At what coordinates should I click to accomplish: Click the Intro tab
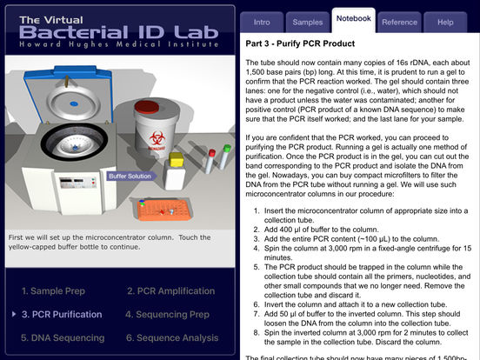pyautogui.click(x=262, y=22)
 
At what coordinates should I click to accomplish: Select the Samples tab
pyautogui.click(x=308, y=22)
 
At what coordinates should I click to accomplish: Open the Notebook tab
pyautogui.click(x=354, y=19)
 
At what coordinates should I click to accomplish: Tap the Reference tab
pyautogui.click(x=399, y=22)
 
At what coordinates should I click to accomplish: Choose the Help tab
pyautogui.click(x=445, y=22)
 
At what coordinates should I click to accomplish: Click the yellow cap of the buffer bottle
pyautogui.click(x=176, y=159)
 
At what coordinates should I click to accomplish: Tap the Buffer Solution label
pyautogui.click(x=130, y=176)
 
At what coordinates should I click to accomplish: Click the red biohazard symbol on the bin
pyautogui.click(x=157, y=139)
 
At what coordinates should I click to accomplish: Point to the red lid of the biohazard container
pyautogui.click(x=147, y=107)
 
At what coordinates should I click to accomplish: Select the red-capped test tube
pyautogui.click(x=210, y=161)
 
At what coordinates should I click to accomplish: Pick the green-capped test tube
pyautogui.click(x=225, y=157)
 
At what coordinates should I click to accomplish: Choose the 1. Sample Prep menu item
pyautogui.click(x=53, y=290)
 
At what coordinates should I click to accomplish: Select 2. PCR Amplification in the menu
pyautogui.click(x=170, y=290)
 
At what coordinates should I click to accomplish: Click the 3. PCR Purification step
pyautogui.click(x=62, y=315)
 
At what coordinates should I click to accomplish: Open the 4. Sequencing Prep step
pyautogui.click(x=167, y=315)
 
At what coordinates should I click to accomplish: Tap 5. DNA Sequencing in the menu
pyautogui.click(x=63, y=337)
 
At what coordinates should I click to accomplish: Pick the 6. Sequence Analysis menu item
pyautogui.click(x=172, y=337)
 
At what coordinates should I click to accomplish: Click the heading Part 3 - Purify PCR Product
pyautogui.click(x=300, y=43)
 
